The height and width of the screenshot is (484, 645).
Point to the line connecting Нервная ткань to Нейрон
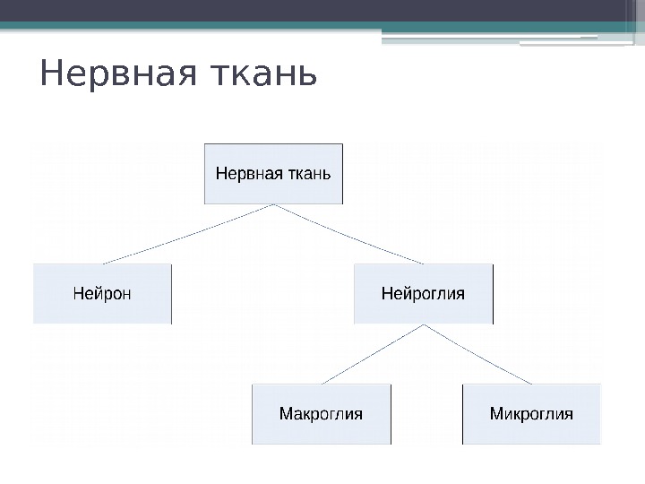pyautogui.click(x=188, y=234)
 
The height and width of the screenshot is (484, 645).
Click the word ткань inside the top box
pyautogui.click(x=307, y=173)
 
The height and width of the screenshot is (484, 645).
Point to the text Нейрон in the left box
pyautogui.click(x=101, y=293)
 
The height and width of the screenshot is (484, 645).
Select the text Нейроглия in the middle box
pyautogui.click(x=423, y=293)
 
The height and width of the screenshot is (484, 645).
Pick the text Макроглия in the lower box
pyautogui.click(x=321, y=414)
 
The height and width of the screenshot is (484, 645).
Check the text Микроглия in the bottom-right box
pyautogui.click(x=531, y=414)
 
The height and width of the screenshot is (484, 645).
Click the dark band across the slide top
pyautogui.click(x=322, y=10)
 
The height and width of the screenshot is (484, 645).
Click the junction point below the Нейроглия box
pyautogui.click(x=423, y=325)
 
